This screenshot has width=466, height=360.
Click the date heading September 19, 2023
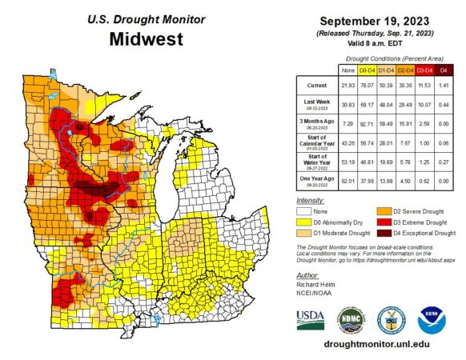coord(371,19)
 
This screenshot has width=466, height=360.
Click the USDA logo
coord(311,319)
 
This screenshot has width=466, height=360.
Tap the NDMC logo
coord(350,318)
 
